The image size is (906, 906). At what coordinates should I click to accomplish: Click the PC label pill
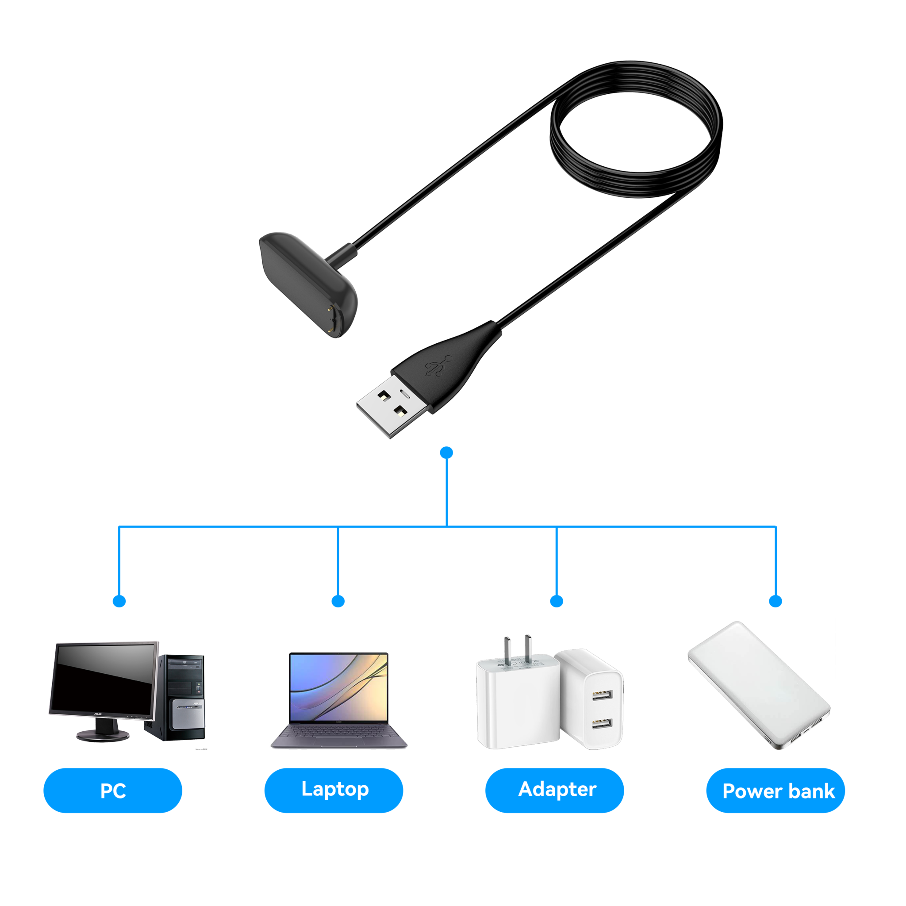[x=112, y=791]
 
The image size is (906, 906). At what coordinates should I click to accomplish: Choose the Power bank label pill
[x=775, y=791]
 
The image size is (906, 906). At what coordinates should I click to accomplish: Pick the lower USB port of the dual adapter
[x=601, y=724]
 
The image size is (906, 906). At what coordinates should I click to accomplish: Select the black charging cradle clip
[x=307, y=281]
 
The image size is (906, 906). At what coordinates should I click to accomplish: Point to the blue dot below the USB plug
[x=447, y=453]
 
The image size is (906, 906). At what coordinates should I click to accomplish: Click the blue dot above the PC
[x=119, y=601]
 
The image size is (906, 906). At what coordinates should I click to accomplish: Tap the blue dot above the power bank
[x=775, y=601]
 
